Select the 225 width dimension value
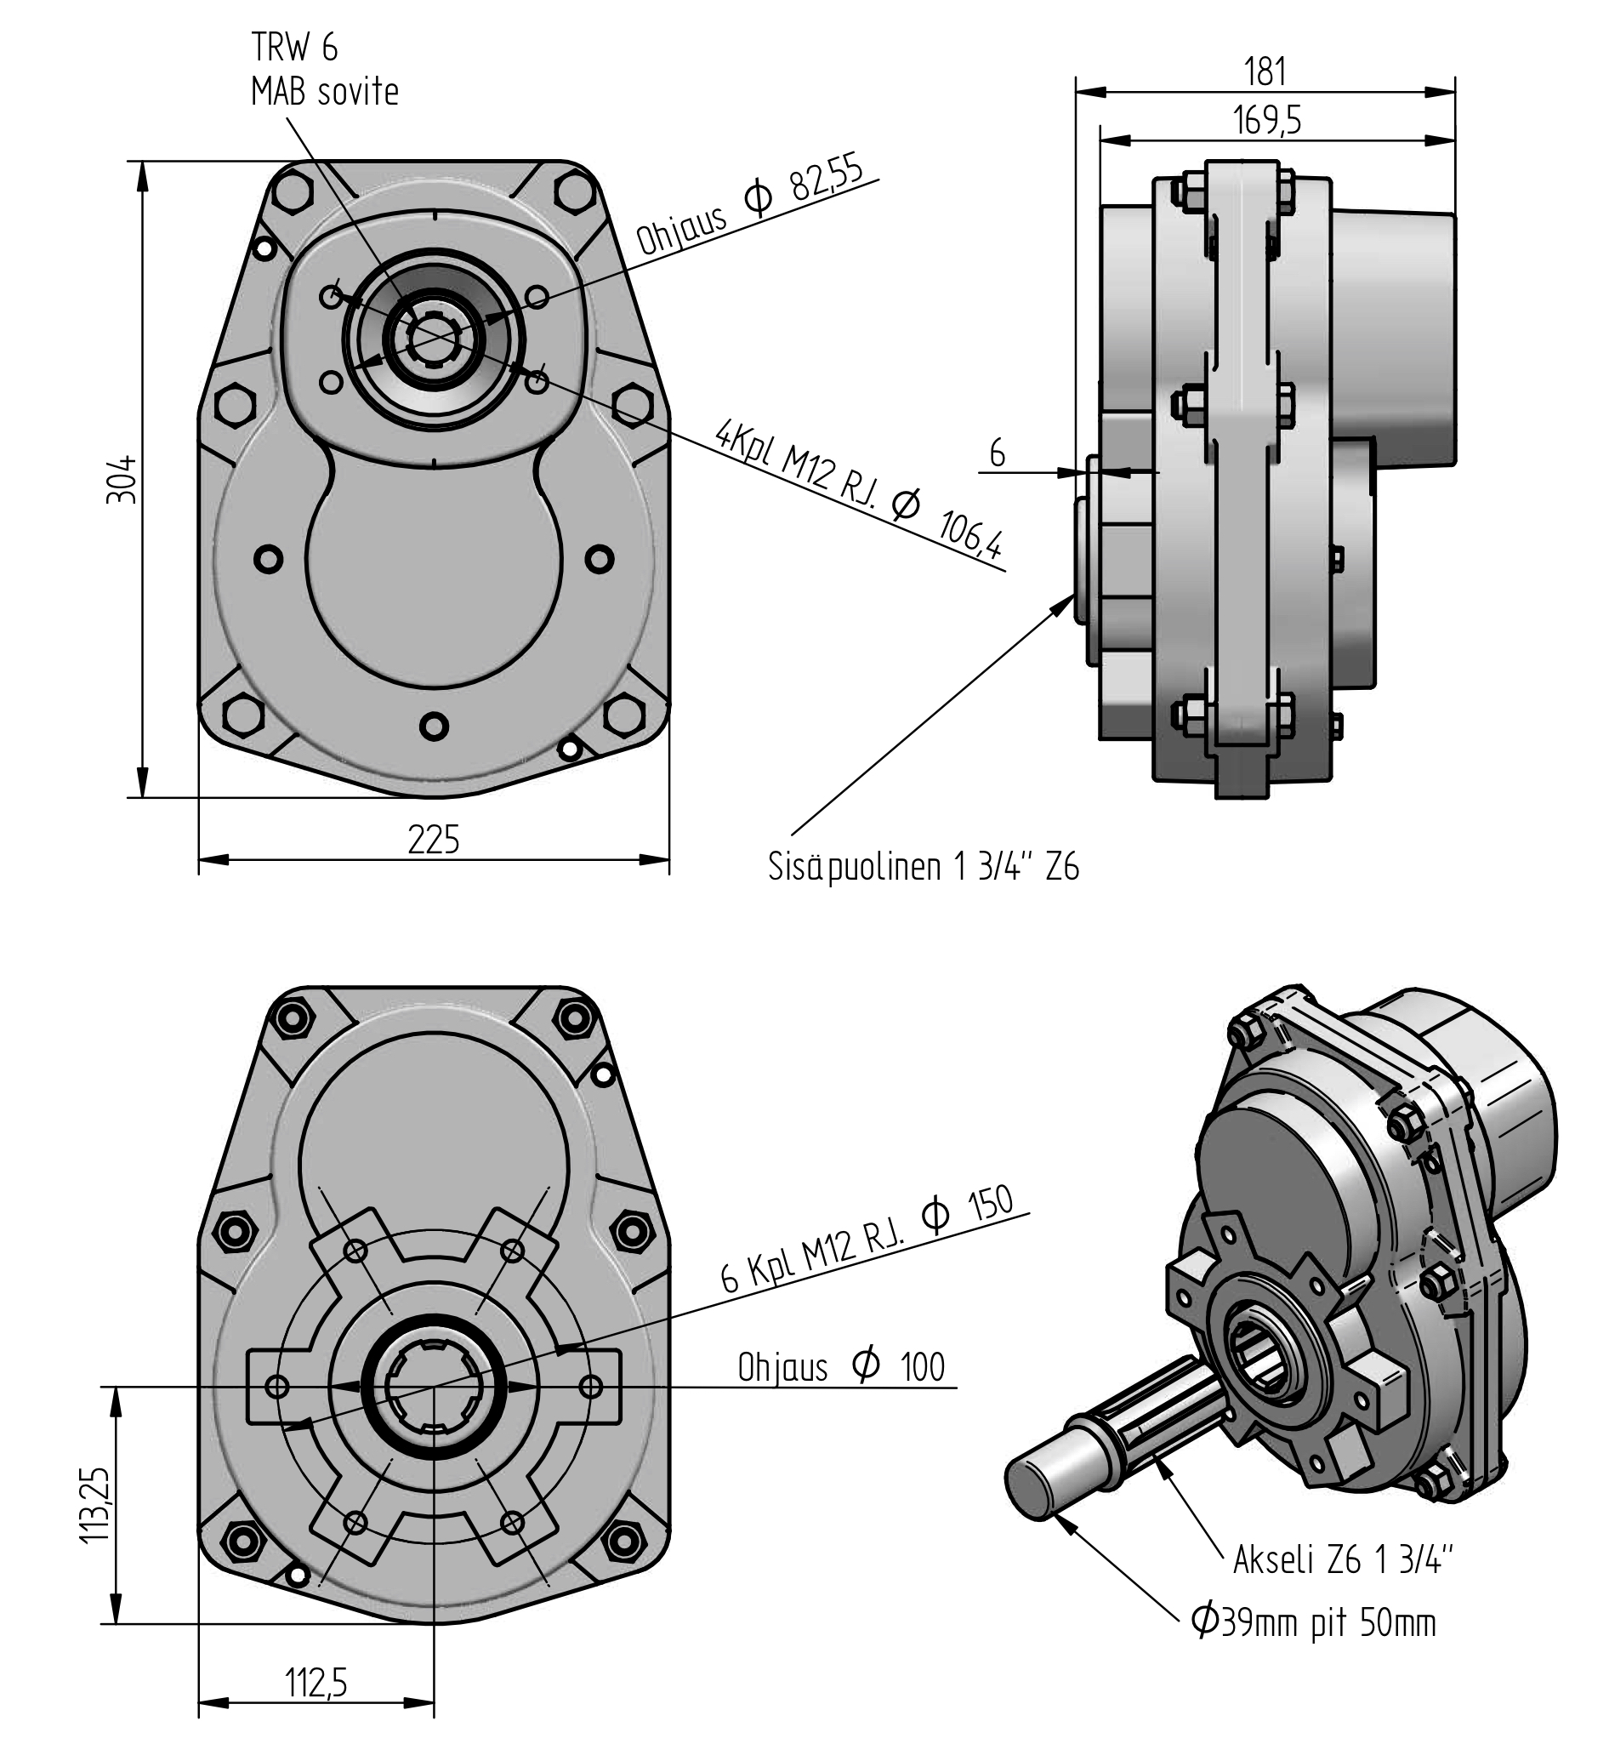click(x=434, y=841)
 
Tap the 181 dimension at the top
click(x=1265, y=71)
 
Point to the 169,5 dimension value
click(x=1267, y=120)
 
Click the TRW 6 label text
click(x=294, y=48)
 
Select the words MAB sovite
click(x=324, y=92)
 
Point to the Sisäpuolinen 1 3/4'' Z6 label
click(x=923, y=868)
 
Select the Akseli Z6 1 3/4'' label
click(x=1344, y=1560)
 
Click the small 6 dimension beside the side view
click(x=998, y=453)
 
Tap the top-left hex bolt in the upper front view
click(x=293, y=190)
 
